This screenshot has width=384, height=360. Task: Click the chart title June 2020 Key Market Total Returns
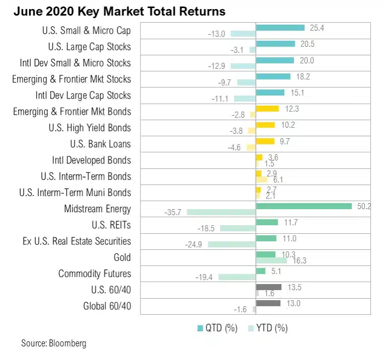(119, 11)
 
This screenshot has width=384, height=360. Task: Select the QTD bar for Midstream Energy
(303, 206)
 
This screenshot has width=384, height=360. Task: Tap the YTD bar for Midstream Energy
(221, 212)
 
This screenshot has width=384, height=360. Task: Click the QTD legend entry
(217, 328)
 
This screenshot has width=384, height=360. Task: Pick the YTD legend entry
(268, 328)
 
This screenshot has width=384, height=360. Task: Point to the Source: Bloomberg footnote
(53, 343)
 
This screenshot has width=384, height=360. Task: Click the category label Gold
(122, 257)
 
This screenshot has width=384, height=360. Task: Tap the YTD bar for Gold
(271, 260)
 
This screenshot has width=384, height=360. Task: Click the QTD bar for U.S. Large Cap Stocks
(275, 44)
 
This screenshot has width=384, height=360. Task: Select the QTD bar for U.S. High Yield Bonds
(265, 125)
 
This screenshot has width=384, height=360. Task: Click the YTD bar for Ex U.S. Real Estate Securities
(232, 244)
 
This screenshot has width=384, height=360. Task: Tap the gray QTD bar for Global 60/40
(268, 303)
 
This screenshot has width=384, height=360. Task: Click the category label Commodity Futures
(95, 274)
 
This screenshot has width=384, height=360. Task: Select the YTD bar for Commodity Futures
(237, 277)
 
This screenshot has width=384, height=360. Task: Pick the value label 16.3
(300, 260)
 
